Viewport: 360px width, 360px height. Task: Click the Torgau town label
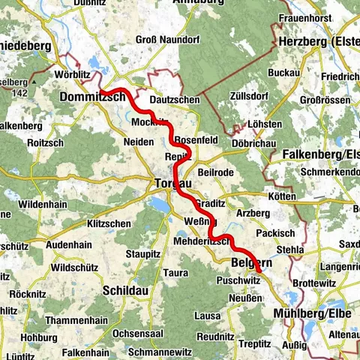[x=173, y=184]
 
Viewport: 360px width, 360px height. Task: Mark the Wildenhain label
[x=47, y=203]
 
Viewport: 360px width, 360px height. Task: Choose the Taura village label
[x=175, y=272]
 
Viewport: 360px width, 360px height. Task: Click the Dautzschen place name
[x=174, y=98]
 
